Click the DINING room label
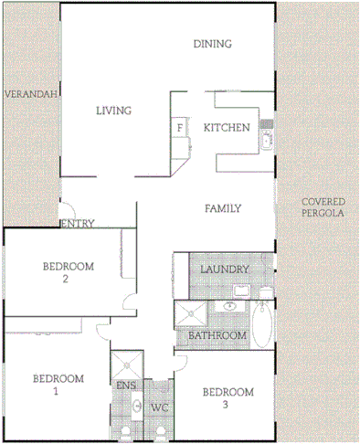click(x=213, y=44)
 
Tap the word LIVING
click(x=114, y=111)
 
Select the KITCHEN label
click(x=226, y=128)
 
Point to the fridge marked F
click(x=179, y=128)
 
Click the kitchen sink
click(x=267, y=141)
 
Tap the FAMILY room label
click(x=222, y=208)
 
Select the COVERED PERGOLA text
click(x=322, y=207)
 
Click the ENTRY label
click(x=77, y=224)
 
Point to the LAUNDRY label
click(x=225, y=270)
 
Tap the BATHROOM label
click(x=217, y=336)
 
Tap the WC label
click(x=160, y=407)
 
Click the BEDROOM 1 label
click(x=58, y=385)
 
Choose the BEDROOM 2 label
click(x=69, y=272)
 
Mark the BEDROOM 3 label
click(x=228, y=398)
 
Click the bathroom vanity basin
click(x=235, y=293)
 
